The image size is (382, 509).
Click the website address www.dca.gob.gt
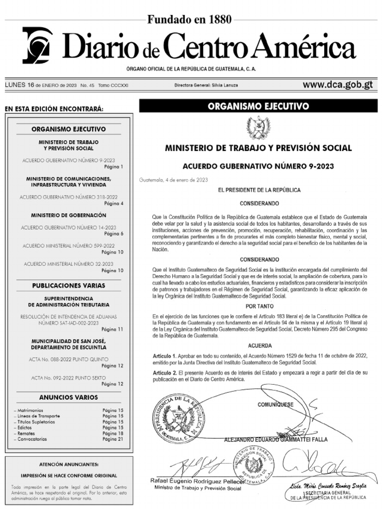coord(338,85)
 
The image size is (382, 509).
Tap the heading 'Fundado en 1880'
coord(189,20)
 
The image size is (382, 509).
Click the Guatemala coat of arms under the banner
coord(258,128)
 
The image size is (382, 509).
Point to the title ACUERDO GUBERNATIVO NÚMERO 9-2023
coord(258,166)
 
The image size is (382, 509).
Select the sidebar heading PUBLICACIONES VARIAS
coord(69,286)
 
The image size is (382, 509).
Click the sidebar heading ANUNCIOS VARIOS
coord(69,397)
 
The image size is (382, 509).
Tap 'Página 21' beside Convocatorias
coord(113,439)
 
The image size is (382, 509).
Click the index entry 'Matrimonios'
coord(29,410)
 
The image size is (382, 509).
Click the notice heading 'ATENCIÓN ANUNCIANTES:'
coord(69,464)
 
